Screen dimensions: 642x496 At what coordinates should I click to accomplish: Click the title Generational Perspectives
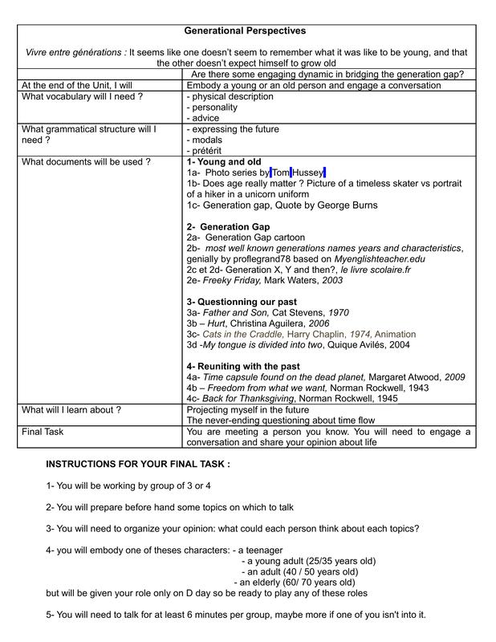pos(245,30)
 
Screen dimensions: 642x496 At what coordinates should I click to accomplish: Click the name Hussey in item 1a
pos(308,173)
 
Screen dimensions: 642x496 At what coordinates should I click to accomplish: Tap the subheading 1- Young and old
pos(224,161)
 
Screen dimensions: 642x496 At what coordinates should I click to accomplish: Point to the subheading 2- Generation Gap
pos(228,226)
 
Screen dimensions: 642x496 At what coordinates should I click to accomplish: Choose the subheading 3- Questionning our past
pos(242,302)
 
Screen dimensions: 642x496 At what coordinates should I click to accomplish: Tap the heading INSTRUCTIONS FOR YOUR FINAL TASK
pos(138,464)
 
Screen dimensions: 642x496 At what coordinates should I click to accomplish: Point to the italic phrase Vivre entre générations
pos(75,52)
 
